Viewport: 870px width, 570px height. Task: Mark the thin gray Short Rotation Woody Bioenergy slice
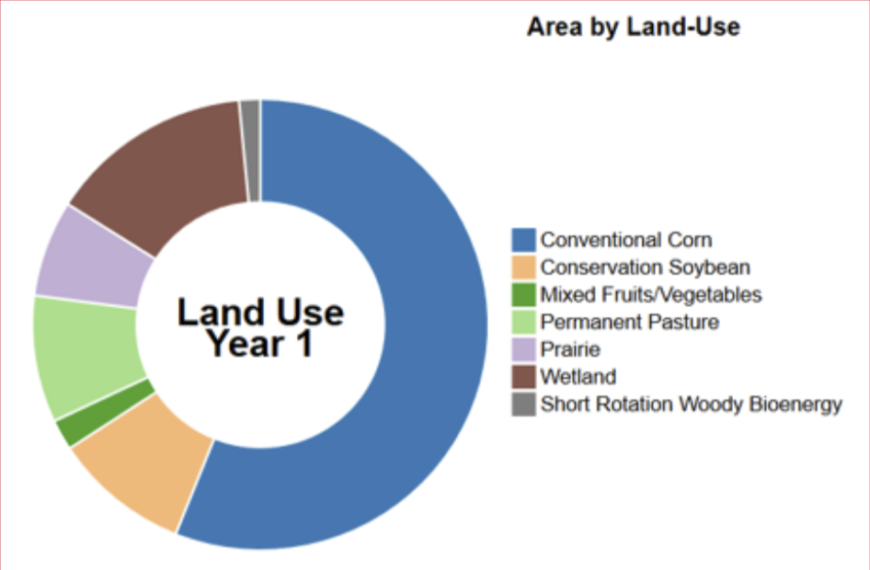click(250, 151)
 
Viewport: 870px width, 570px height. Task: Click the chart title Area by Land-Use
click(633, 27)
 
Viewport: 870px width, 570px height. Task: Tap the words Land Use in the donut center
click(260, 313)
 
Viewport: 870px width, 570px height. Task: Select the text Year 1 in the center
click(260, 344)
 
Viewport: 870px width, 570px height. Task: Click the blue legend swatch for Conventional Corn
click(523, 240)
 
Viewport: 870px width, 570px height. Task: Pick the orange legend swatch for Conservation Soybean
click(523, 268)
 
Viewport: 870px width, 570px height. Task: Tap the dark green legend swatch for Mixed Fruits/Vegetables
click(523, 294)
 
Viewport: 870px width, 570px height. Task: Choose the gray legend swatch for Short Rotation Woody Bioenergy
click(523, 405)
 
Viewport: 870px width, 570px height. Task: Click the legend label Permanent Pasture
click(630, 322)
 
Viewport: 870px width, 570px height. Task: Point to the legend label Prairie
click(570, 349)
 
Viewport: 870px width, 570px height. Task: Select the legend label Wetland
click(578, 377)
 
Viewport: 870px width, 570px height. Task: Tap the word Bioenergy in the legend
click(796, 405)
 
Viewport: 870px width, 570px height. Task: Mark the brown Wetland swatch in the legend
click(523, 377)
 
